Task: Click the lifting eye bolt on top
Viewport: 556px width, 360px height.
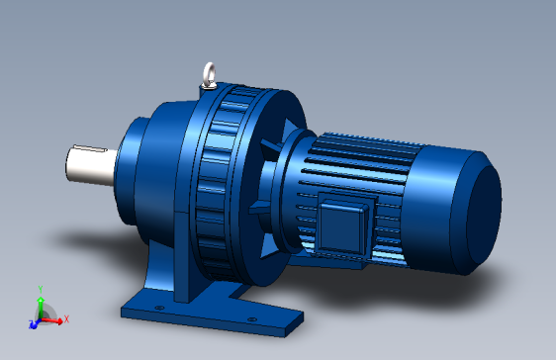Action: click(208, 73)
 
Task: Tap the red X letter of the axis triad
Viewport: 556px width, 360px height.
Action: click(66, 319)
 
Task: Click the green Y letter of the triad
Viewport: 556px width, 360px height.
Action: click(40, 288)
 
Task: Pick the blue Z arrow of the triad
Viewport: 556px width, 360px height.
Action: click(33, 323)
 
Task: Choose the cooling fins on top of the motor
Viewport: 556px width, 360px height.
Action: click(366, 148)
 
